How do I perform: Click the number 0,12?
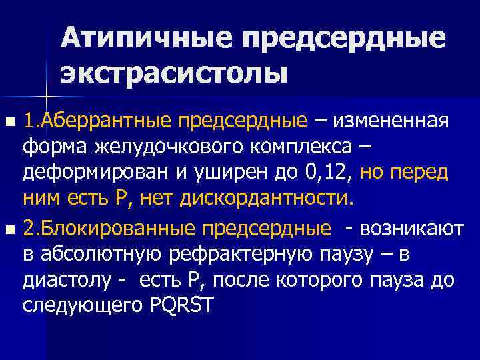point(322,173)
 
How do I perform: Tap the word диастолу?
point(63,280)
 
